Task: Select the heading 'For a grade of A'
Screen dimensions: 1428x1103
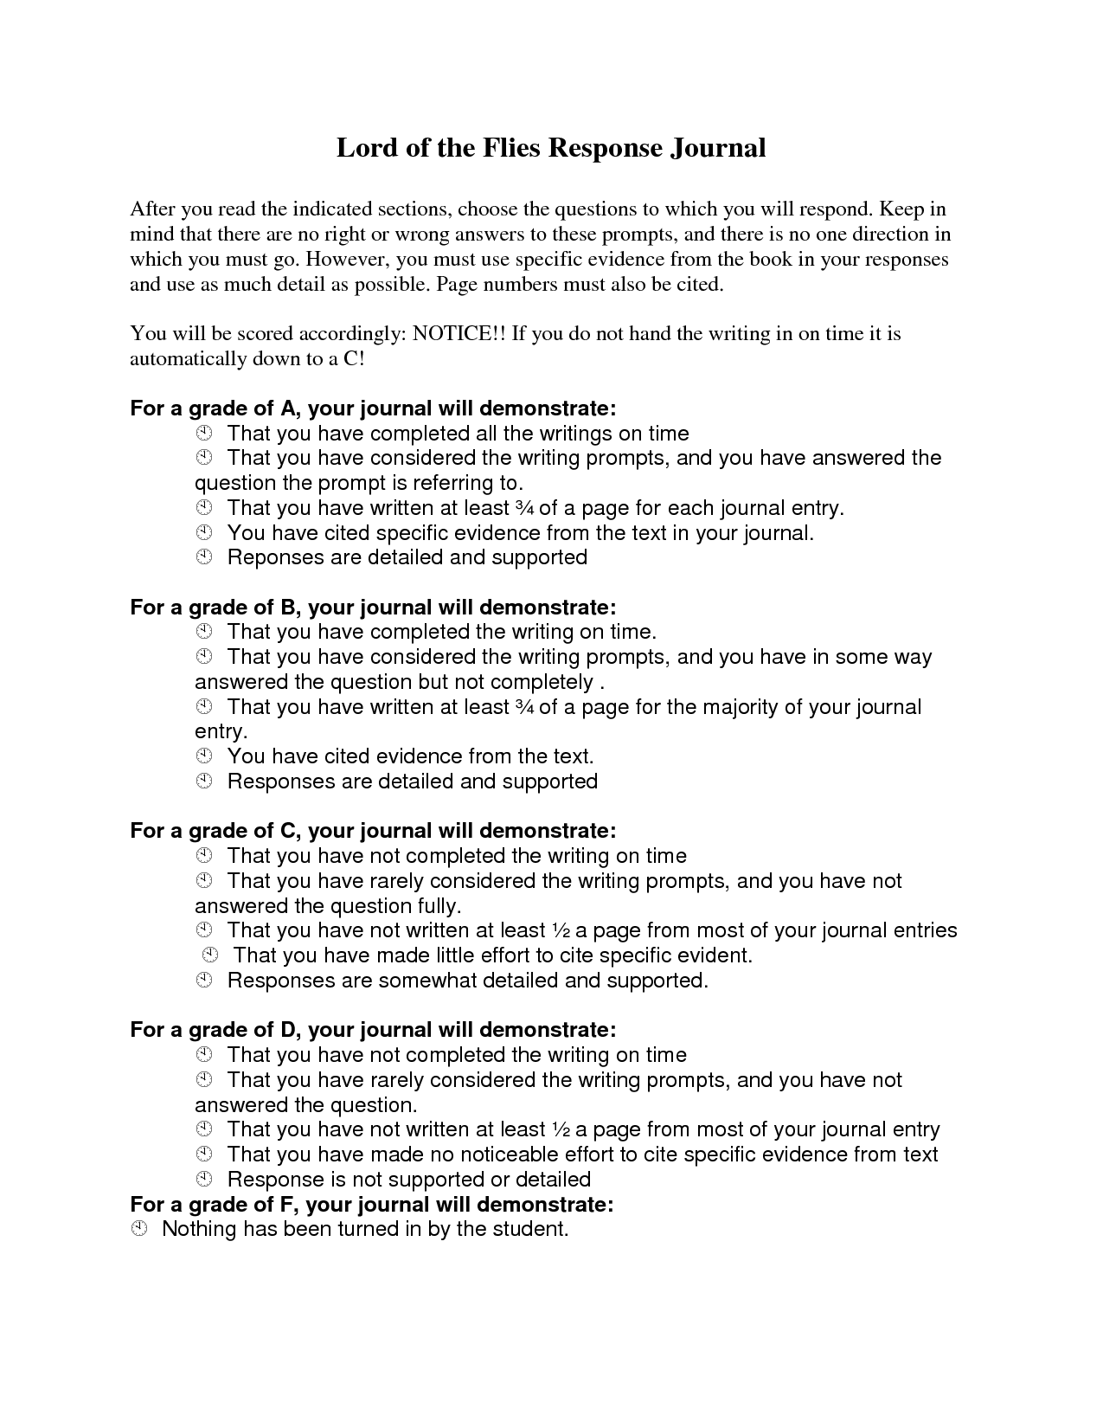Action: click(x=373, y=408)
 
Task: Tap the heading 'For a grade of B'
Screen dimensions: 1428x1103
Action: click(x=373, y=608)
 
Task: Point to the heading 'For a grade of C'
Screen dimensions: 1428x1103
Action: click(x=373, y=831)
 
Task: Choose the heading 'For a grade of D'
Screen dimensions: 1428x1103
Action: click(x=373, y=1030)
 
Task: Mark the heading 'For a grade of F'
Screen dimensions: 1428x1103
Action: click(x=372, y=1205)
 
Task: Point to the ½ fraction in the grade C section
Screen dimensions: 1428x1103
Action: click(x=560, y=930)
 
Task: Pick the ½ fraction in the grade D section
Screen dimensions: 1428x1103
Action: click(x=560, y=1129)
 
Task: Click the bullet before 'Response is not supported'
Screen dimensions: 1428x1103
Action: click(x=204, y=1180)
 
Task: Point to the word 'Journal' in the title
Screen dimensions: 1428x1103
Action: click(x=716, y=148)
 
